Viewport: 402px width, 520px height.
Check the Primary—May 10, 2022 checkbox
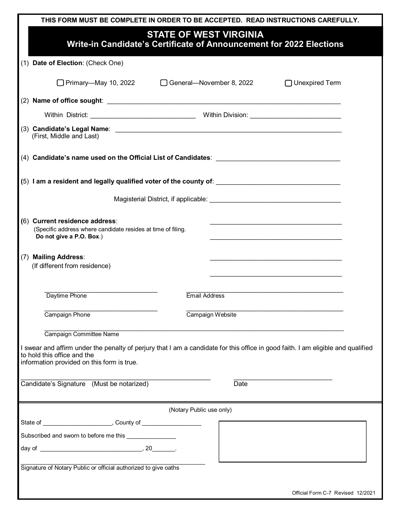click(60, 83)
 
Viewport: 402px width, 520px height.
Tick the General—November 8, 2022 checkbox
click(164, 83)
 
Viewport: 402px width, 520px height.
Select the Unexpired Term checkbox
click(288, 83)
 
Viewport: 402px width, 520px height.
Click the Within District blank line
click(143, 116)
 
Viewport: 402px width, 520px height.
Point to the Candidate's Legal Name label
click(71, 129)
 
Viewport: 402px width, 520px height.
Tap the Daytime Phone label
click(66, 296)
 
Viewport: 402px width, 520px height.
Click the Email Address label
click(205, 296)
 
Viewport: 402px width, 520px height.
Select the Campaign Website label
click(211, 315)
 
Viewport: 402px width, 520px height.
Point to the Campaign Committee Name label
click(82, 334)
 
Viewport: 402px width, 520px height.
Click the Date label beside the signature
click(240, 384)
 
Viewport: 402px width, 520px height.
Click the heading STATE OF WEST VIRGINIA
click(205, 35)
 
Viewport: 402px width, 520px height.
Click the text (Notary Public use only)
click(200, 410)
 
